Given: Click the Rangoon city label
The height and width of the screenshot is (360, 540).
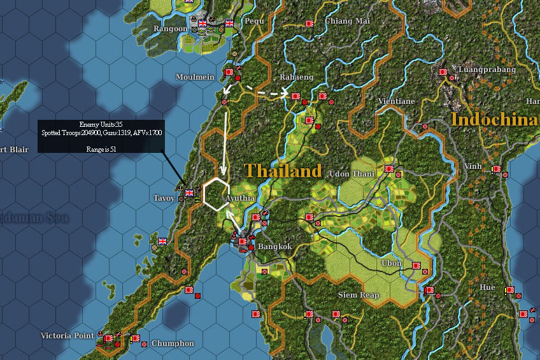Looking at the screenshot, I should (171, 29).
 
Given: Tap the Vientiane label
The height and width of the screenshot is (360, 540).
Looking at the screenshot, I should (396, 101).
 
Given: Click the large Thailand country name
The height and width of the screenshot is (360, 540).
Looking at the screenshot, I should (283, 171).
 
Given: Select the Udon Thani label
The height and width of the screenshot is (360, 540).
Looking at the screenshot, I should (352, 174).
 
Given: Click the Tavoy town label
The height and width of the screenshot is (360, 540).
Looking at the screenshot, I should (164, 198).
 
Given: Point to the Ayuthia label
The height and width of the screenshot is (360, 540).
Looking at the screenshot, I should (239, 198).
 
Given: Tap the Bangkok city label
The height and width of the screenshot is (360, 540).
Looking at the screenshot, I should (275, 247).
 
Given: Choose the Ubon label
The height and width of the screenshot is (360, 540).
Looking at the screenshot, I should (392, 263).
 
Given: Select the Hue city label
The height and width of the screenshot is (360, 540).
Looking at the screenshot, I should (487, 287).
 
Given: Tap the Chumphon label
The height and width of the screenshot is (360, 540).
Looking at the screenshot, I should (173, 343).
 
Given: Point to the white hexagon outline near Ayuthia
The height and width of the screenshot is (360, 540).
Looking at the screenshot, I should (217, 194).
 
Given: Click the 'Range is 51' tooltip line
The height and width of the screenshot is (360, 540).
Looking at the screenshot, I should (101, 148).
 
